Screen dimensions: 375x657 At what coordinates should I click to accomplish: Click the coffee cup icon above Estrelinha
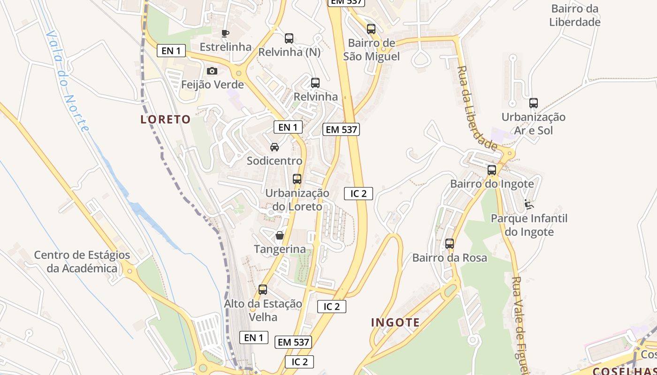point(225,33)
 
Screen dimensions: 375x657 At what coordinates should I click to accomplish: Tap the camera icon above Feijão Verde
point(212,71)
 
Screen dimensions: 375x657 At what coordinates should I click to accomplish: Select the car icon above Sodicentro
point(275,147)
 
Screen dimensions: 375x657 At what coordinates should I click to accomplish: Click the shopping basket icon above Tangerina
point(280,235)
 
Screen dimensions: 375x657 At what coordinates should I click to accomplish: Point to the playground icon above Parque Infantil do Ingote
point(529,204)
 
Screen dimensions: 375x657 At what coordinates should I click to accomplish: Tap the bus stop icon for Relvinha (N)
point(289,38)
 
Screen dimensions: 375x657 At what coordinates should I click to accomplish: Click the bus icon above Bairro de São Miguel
point(371,29)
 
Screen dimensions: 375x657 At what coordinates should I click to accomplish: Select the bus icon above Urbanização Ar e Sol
point(534,103)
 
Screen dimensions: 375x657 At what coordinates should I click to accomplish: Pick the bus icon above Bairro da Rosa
point(450,244)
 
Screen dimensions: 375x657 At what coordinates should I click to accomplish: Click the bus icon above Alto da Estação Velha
point(263,290)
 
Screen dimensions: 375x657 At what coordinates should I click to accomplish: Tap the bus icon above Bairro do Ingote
point(492,170)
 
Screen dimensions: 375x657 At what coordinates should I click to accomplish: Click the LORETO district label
point(166,120)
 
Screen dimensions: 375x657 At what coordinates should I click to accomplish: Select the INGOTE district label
point(396,322)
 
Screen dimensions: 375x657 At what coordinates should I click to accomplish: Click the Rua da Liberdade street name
point(476,108)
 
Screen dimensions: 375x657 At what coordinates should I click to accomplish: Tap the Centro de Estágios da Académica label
point(82,262)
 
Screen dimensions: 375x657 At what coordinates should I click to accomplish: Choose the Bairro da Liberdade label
point(575,15)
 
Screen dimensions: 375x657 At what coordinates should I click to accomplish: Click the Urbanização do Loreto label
point(297,200)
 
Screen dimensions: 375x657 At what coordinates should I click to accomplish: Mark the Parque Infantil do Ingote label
point(529,225)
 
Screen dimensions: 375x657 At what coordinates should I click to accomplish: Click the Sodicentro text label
point(275,161)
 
